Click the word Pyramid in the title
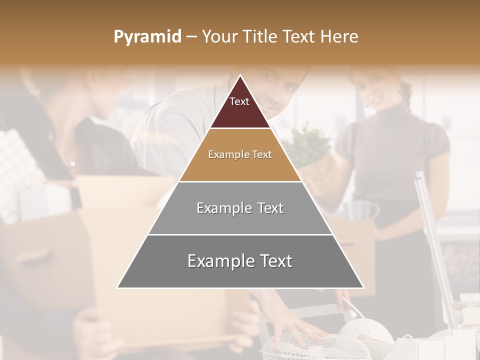[x=147, y=37]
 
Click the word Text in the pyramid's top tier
[x=239, y=101]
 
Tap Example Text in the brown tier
[x=240, y=155]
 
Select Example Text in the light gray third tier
[x=240, y=208]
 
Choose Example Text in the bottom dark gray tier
[x=240, y=261]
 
